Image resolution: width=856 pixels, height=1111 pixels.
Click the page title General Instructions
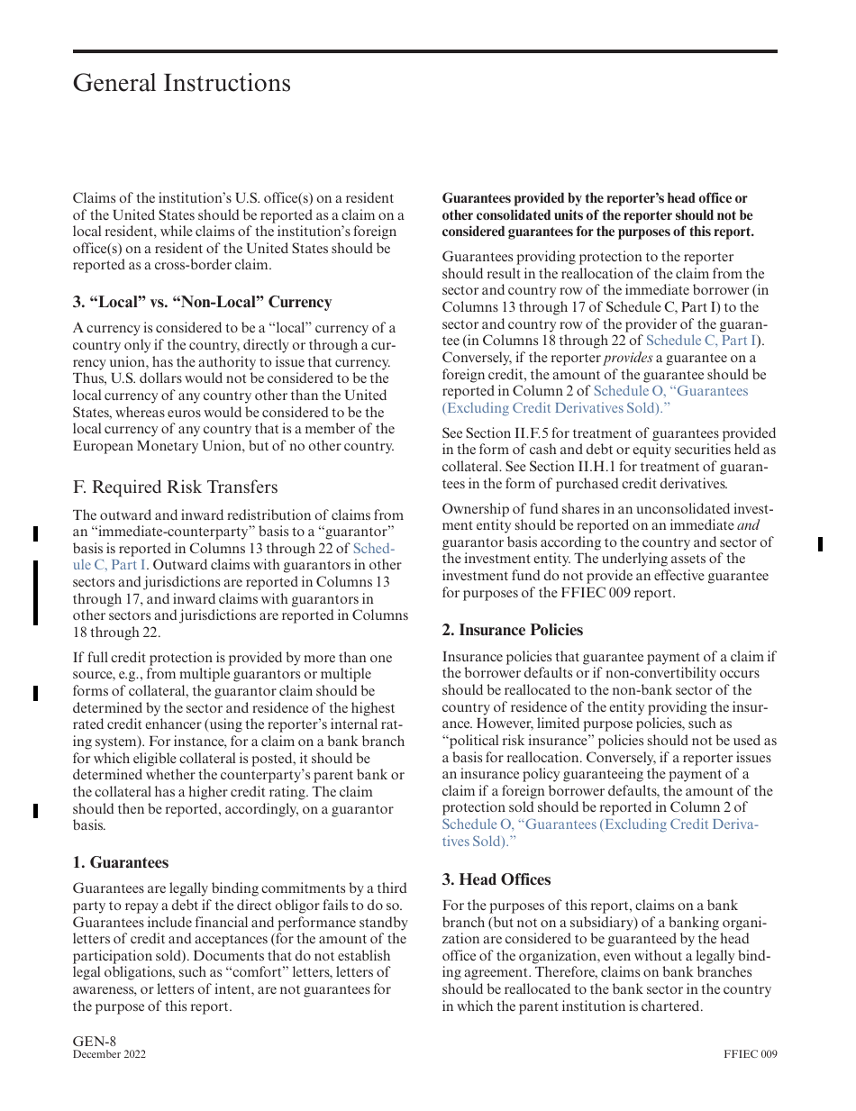(x=181, y=83)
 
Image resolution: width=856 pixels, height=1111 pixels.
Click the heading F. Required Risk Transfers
(x=175, y=487)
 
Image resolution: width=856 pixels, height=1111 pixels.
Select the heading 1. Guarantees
(x=120, y=862)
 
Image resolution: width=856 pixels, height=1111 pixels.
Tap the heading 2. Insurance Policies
(x=512, y=630)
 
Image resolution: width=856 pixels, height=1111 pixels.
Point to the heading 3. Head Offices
(x=496, y=879)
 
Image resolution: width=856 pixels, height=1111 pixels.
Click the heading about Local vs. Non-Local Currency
(x=202, y=302)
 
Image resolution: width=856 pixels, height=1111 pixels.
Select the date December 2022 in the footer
(x=109, y=1055)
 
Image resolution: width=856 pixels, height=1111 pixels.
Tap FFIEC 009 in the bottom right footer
(x=750, y=1055)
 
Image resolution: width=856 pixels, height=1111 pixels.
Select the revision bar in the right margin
(x=820, y=543)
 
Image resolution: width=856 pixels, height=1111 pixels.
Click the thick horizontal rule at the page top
(x=424, y=51)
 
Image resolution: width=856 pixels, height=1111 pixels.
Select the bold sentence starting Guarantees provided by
(x=597, y=215)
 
